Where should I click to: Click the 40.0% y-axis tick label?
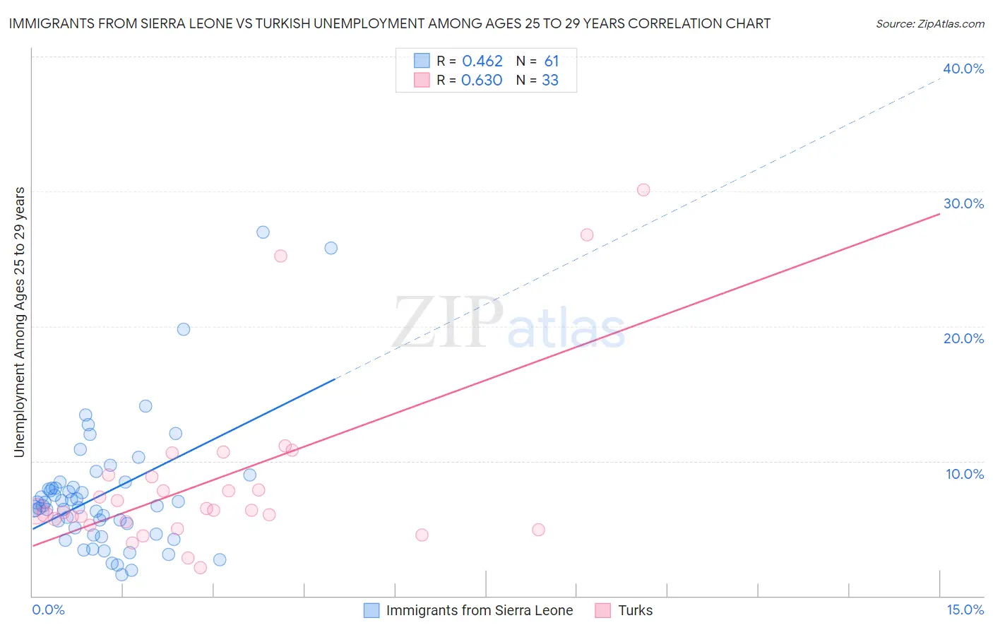coord(963,69)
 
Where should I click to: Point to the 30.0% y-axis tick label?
coord(963,203)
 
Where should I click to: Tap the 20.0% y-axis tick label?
coord(963,338)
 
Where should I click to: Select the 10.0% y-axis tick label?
coord(965,474)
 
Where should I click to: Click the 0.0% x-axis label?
coord(48,610)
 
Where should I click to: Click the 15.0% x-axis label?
coord(965,610)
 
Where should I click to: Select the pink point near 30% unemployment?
coord(643,189)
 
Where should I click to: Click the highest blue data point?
coord(263,232)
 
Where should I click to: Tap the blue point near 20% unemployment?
coord(184,329)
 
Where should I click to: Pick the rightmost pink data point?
coord(643,189)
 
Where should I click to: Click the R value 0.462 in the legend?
coord(482,61)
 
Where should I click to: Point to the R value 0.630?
coord(482,81)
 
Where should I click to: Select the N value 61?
coord(552,61)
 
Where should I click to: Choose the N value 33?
coord(550,81)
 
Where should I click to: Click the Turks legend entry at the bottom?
coord(635,610)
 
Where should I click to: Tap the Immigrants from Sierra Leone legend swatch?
coord(371,610)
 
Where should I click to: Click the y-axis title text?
coord(19,322)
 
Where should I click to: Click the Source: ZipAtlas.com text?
coord(929,23)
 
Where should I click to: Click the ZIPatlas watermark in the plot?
coord(509,323)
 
